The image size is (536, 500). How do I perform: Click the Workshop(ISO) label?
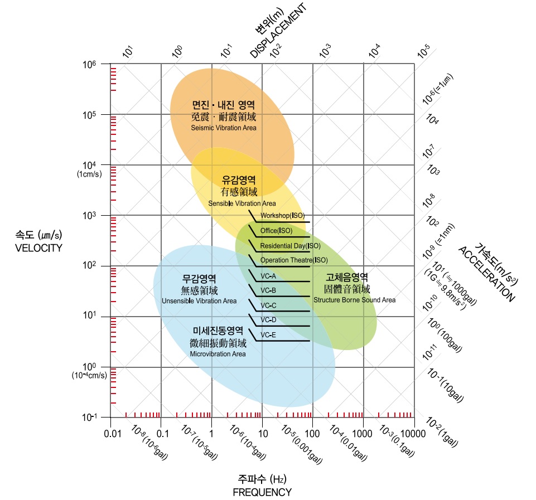click(282, 216)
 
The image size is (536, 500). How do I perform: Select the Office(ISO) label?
click(276, 231)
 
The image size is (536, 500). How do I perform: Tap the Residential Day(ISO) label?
click(290, 246)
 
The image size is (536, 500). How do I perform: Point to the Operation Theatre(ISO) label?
click(294, 260)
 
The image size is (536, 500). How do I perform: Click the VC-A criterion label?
click(268, 276)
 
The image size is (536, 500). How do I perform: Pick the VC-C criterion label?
click(268, 305)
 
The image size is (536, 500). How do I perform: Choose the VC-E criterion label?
click(268, 335)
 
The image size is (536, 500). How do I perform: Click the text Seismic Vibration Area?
click(223, 128)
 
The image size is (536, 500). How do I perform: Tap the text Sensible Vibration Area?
click(242, 203)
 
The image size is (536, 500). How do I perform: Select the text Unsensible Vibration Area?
click(199, 301)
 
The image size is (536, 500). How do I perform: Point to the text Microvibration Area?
click(218, 354)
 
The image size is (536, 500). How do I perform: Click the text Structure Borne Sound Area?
click(355, 300)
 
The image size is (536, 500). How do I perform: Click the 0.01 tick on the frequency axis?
click(112, 433)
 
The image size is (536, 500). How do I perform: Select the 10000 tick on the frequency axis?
click(414, 433)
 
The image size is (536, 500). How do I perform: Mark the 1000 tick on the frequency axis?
click(363, 433)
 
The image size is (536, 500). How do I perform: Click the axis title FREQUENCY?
click(262, 492)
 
